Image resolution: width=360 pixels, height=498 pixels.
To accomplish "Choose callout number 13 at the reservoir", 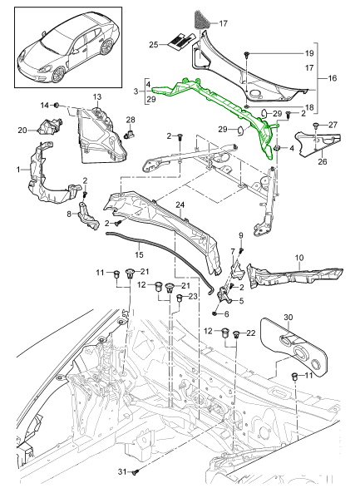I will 96,98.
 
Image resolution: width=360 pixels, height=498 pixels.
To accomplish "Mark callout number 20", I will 22,129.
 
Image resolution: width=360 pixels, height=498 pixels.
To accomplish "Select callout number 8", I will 69,214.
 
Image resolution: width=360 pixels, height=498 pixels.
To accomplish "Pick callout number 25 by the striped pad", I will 154,43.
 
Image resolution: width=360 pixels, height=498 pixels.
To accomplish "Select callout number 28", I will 131,121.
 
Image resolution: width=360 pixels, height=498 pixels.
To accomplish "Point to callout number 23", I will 193,295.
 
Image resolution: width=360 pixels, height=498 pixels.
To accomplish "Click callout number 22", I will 251,333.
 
